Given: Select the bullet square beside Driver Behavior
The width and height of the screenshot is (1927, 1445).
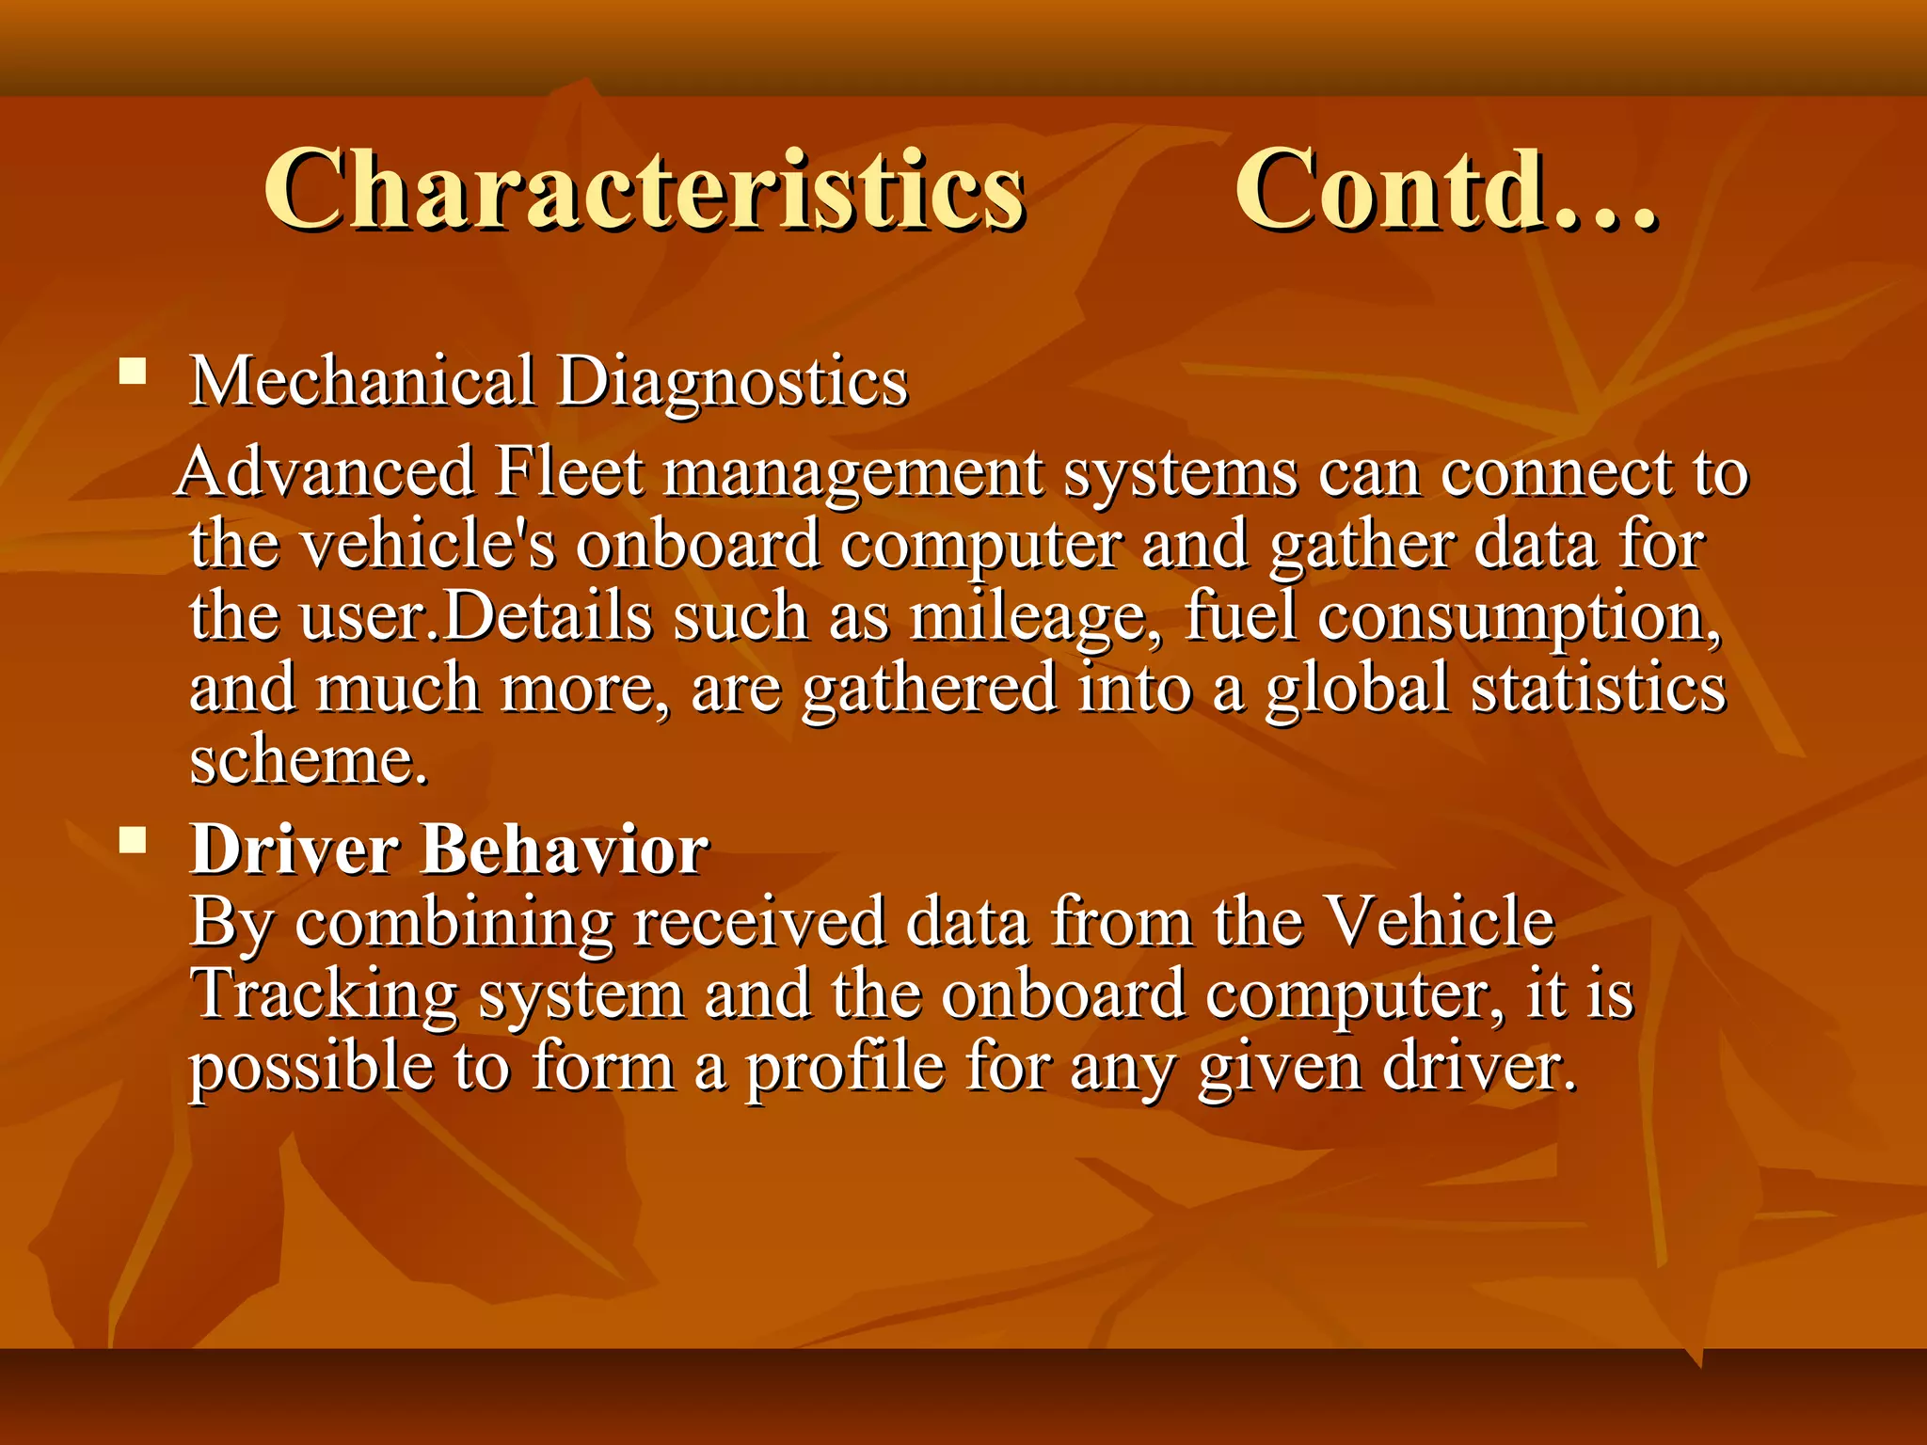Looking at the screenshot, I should [x=134, y=838].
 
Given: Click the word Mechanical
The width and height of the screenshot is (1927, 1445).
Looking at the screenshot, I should [x=362, y=382].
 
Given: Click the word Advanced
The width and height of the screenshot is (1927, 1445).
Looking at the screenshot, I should [x=326, y=472].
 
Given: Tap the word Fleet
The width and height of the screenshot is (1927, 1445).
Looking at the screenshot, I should [x=568, y=472].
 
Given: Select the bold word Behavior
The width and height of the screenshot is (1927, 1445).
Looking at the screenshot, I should [x=565, y=850].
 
